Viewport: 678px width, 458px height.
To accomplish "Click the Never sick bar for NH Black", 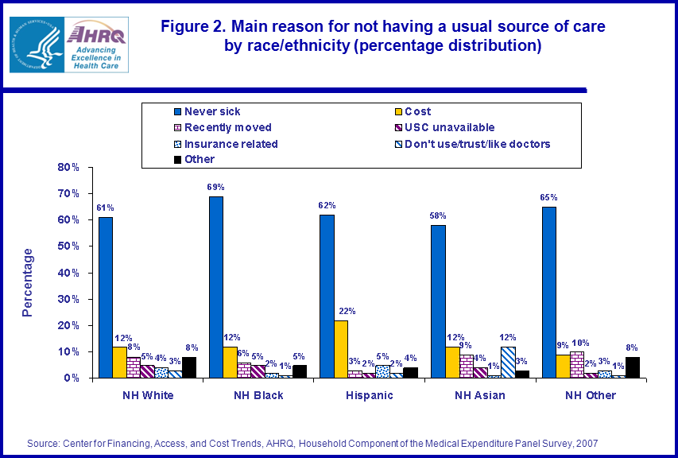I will click(x=216, y=287).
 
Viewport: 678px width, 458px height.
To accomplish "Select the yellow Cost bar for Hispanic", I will click(x=340, y=349).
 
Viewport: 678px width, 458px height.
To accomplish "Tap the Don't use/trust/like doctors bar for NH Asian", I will click(x=507, y=362).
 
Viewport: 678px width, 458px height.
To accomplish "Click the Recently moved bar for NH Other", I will click(x=576, y=364).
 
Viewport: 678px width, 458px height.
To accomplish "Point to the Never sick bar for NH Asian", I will click(x=437, y=301).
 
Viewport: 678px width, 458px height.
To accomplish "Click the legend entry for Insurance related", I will click(x=231, y=144).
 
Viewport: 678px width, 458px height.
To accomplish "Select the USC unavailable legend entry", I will click(x=449, y=127).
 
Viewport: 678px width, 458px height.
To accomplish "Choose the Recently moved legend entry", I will click(x=227, y=127).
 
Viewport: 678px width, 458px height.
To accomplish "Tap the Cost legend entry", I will click(x=417, y=111).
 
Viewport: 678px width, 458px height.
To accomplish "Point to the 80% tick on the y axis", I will click(x=69, y=168).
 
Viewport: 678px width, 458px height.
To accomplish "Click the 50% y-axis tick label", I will click(x=69, y=246).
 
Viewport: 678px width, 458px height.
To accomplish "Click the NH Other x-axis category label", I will click(x=590, y=395).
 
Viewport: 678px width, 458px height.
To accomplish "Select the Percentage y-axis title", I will click(x=28, y=282).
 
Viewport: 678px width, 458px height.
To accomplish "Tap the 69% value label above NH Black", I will click(x=217, y=187).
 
